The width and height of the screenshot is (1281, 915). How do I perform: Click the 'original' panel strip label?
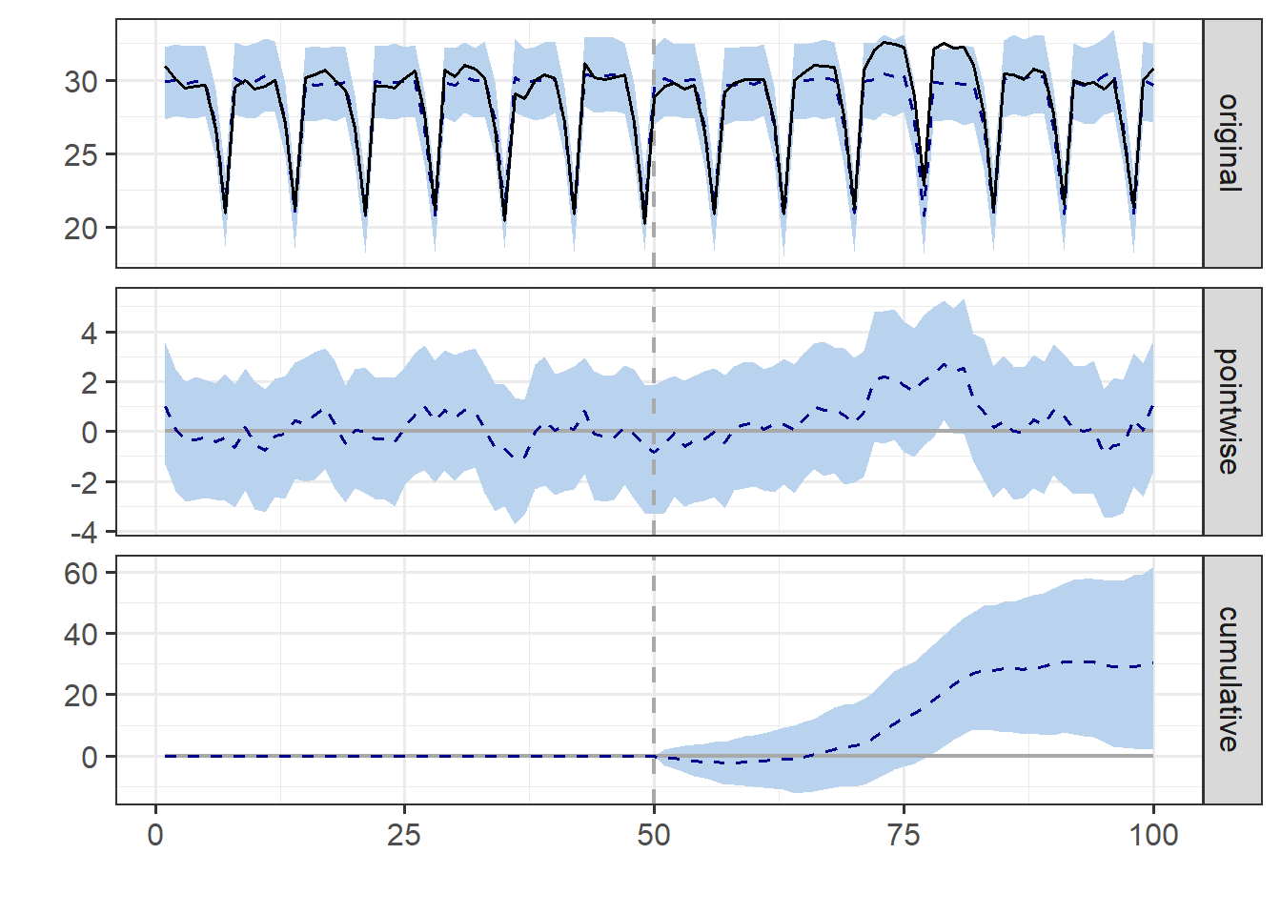[1230, 143]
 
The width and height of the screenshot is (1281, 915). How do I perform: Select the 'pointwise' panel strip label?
[1230, 411]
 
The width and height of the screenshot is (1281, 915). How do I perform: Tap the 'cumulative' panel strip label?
[1230, 679]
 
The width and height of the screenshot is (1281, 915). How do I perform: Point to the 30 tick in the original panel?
[81, 82]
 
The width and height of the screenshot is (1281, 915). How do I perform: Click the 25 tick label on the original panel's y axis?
[81, 155]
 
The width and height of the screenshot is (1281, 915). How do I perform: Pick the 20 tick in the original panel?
[81, 229]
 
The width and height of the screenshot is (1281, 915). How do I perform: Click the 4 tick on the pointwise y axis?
[90, 334]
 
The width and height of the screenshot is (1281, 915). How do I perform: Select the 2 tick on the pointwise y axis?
[90, 383]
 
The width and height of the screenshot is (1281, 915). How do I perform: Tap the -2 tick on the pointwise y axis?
[84, 482]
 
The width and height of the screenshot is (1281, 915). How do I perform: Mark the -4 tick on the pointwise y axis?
[84, 532]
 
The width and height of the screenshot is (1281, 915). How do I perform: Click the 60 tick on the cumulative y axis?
[81, 574]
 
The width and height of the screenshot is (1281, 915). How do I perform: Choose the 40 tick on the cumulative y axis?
[81, 635]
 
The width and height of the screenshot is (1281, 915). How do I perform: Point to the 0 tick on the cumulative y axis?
[90, 758]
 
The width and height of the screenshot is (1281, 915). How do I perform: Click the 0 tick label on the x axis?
[155, 836]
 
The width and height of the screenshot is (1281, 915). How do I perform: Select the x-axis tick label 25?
[404, 836]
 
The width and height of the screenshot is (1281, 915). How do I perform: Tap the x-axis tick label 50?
[654, 836]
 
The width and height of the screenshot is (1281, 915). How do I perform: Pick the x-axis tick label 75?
[904, 836]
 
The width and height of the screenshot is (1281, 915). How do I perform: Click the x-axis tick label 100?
[1153, 836]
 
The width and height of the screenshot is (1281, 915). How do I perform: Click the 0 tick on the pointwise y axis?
[90, 433]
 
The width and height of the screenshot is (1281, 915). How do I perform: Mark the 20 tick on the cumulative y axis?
[81, 696]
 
